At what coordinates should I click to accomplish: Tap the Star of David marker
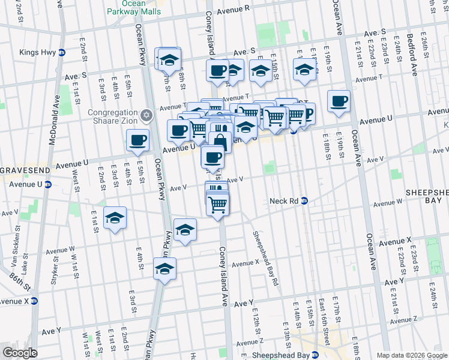(x=146, y=115)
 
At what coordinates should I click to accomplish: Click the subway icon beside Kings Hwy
(x=62, y=52)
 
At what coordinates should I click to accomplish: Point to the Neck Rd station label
(x=284, y=201)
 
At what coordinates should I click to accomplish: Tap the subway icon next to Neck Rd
(x=304, y=201)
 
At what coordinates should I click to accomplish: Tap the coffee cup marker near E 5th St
(x=138, y=140)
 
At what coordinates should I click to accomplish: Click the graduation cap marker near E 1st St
(x=115, y=218)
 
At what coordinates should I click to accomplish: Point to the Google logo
(x=19, y=353)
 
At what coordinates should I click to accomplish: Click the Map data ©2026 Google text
(x=412, y=355)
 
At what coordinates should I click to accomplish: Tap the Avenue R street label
(x=234, y=10)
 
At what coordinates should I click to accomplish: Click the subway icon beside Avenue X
(x=35, y=301)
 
